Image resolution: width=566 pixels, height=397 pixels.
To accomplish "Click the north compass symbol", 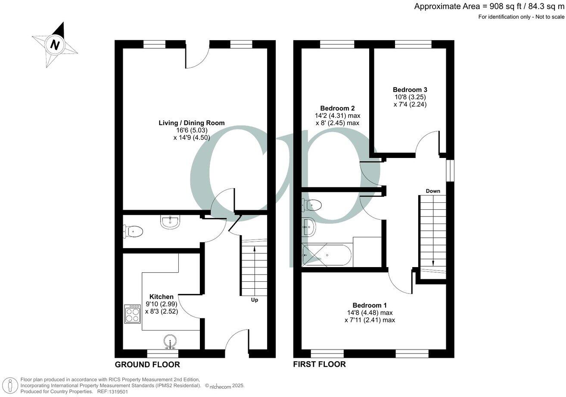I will pos(55,44).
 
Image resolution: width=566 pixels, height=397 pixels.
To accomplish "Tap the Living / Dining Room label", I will pos(191,123).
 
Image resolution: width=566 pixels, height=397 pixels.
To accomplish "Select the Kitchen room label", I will pos(162,296).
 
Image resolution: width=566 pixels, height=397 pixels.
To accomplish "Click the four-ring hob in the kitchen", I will pos(132,314).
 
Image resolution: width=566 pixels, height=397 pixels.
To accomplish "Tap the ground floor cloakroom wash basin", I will pos(171,222).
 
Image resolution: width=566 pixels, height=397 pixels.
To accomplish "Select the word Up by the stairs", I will pos(254,300).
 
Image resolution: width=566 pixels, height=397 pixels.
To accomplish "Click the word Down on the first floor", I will pos(432,191).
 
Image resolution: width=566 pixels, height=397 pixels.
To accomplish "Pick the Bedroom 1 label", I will pos(370,304).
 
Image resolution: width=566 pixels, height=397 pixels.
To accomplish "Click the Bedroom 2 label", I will pos(337,108).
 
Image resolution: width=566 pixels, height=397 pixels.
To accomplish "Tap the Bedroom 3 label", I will pos(410,90).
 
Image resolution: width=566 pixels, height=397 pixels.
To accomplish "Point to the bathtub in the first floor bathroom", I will pos(327,255).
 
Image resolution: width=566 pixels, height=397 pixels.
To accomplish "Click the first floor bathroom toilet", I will pos(313,205).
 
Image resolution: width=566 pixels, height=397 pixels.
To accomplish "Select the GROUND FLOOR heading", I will pos(147,365).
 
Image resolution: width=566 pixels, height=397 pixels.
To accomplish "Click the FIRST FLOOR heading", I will pos(319,365).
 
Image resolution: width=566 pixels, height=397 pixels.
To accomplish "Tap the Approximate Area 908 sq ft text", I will pos(489,6).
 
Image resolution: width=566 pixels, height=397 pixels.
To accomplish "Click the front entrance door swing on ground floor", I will pos(236,340).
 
